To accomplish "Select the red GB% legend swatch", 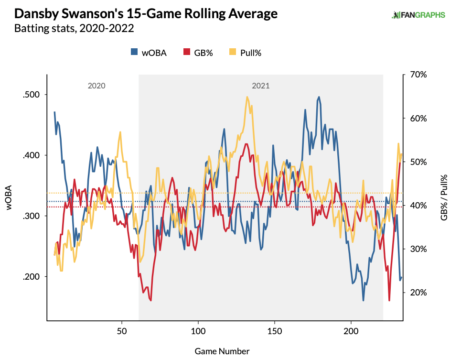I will click(x=186, y=53).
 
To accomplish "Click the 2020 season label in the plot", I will click(x=96, y=86).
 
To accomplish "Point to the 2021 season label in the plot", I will click(x=261, y=86).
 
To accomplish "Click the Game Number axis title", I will click(x=222, y=351).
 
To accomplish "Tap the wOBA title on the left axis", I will click(x=9, y=197).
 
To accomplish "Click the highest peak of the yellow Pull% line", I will click(x=247, y=97).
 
